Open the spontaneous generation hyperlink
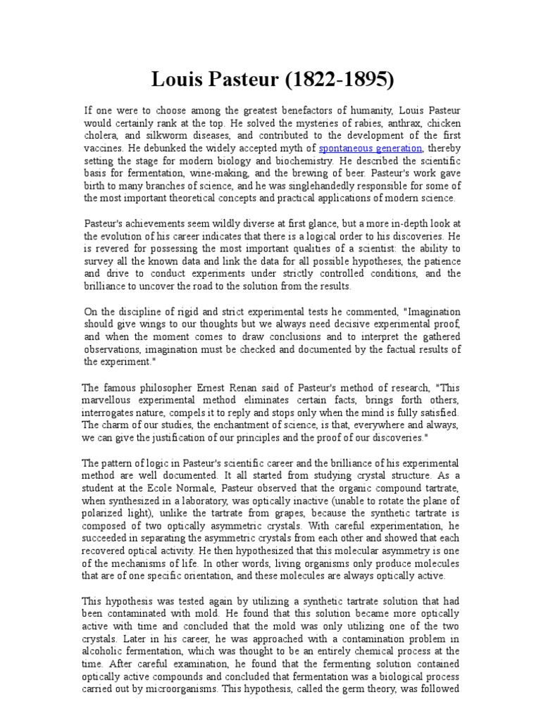(371, 149)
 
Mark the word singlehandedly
(318, 187)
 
